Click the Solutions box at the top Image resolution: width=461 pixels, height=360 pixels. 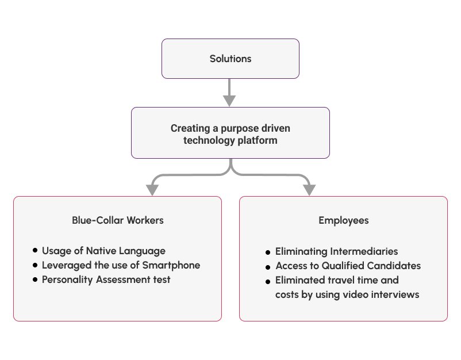[230, 59]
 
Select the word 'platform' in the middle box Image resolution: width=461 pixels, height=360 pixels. [258, 140]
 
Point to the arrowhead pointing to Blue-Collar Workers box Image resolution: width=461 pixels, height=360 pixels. [152, 190]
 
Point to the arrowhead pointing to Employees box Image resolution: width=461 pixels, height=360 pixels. [309, 190]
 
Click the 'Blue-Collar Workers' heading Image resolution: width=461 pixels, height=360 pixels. [117, 220]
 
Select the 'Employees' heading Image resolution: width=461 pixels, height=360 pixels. [343, 220]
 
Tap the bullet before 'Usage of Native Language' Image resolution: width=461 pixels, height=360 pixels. [36, 251]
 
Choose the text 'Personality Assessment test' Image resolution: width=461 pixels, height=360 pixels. [106, 279]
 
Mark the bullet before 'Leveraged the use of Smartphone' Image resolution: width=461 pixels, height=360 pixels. [36, 265]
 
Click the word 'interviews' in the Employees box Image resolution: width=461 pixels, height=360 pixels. [397, 294]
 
